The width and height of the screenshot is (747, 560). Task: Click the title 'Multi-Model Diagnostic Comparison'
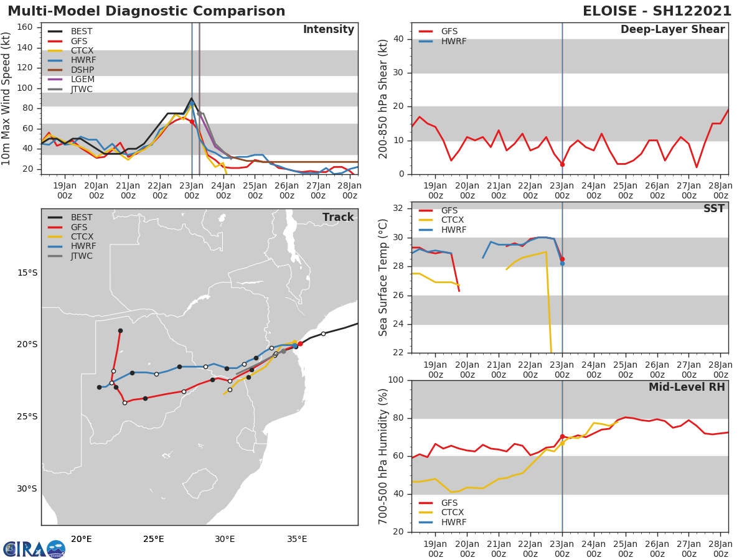146,11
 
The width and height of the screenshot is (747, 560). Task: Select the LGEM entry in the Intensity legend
82,80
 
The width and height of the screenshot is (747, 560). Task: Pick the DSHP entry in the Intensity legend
82,70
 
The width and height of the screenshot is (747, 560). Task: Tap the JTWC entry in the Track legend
82,256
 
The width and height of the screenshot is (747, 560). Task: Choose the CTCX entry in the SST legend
453,220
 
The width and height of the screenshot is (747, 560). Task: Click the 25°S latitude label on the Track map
27,417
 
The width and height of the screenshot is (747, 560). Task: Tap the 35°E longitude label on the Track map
297,539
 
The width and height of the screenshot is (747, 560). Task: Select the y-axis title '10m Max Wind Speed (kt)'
7,99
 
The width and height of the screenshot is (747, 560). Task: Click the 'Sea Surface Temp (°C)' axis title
383,278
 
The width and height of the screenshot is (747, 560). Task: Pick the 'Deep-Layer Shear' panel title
672,30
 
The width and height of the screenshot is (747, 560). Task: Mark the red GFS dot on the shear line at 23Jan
562,164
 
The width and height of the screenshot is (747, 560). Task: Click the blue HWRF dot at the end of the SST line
562,263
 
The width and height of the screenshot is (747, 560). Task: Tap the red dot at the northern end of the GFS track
120,330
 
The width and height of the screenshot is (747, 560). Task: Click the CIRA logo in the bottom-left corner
34,549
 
